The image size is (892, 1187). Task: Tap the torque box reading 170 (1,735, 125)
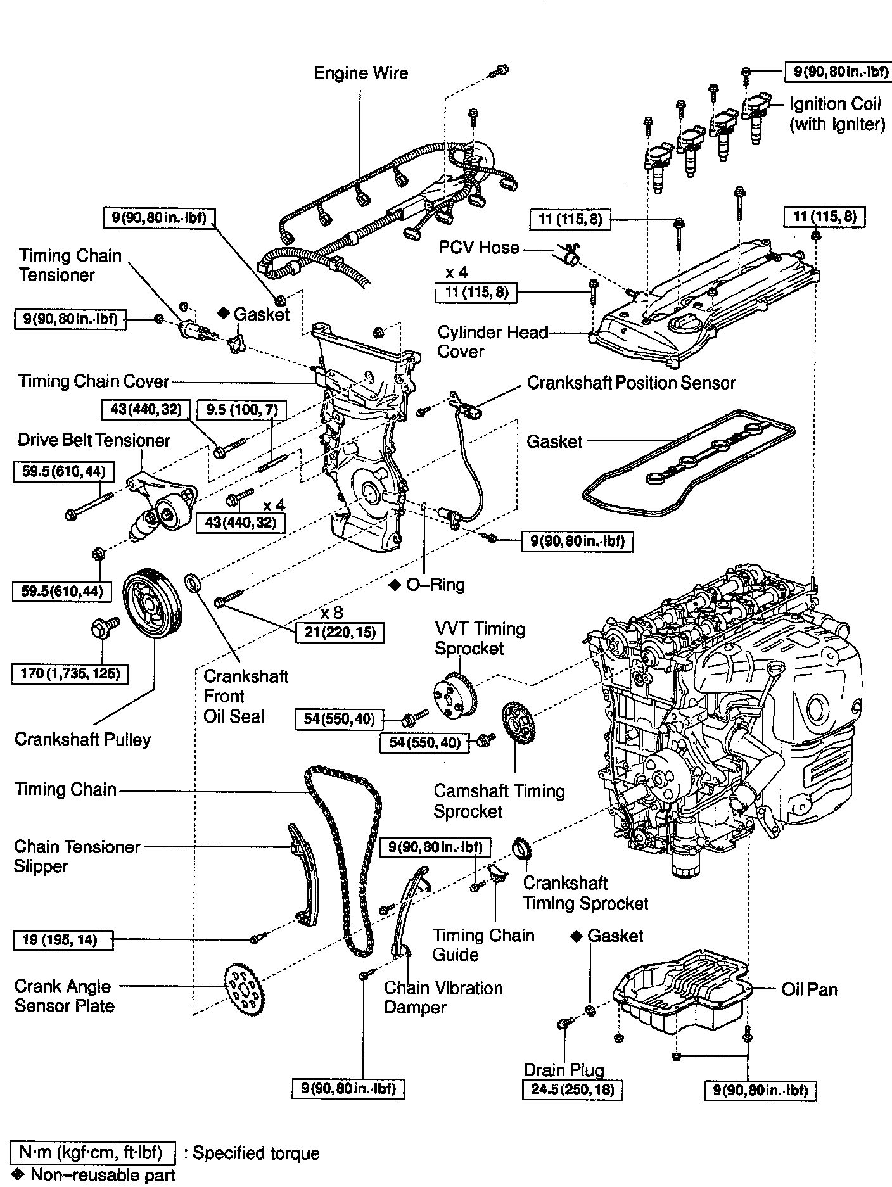point(70,673)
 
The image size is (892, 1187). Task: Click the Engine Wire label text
point(361,73)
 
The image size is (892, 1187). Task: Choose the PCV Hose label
point(479,247)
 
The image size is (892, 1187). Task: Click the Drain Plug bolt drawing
point(565,1024)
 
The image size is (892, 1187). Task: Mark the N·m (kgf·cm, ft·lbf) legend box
point(93,1152)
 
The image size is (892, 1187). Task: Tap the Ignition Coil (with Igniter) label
point(836,114)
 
